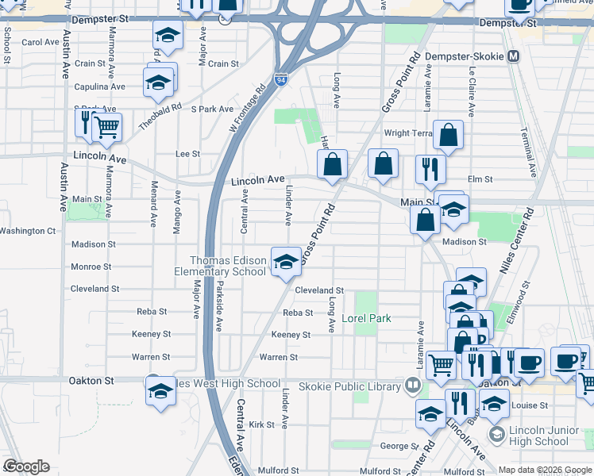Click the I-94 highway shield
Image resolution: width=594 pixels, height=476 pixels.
coord(281,79)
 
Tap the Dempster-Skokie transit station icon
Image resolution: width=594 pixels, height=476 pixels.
coord(514,56)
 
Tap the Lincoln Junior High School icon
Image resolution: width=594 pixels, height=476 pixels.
coord(497,434)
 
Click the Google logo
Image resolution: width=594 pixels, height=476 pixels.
coord(25,466)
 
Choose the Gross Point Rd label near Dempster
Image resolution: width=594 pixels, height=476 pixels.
coord(392,82)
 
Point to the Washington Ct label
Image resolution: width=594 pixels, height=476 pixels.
coord(27,231)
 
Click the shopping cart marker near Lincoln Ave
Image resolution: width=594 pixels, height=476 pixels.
coord(106,127)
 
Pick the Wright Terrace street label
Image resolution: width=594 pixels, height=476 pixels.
coord(408,133)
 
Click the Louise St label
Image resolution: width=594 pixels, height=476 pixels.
coord(530,405)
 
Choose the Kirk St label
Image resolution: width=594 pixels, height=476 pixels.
coord(260,425)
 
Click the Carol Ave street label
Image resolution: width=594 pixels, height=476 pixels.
coord(40,43)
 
